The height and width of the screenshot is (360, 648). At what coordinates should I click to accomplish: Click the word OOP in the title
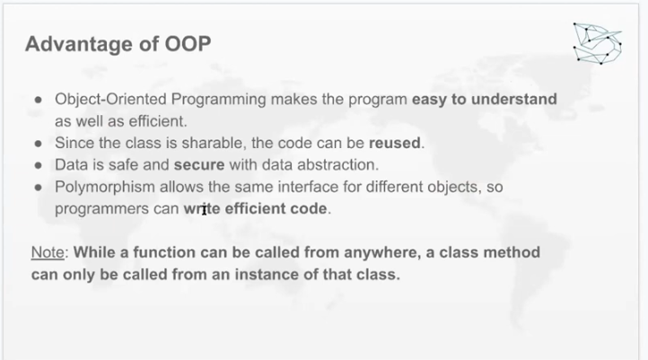coord(188,44)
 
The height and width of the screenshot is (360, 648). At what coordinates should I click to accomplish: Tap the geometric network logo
coord(598,43)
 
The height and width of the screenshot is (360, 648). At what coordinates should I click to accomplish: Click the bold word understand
coord(514,99)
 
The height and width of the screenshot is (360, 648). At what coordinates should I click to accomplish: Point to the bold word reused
coord(395,143)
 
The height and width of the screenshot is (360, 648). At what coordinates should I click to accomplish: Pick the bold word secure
coord(199,165)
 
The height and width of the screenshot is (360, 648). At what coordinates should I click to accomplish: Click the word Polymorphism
coord(105,188)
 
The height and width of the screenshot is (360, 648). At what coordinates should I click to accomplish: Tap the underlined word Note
coord(48,252)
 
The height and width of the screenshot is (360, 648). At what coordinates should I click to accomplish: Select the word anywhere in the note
coord(381,253)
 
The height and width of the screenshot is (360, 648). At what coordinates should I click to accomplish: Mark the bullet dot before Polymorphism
coord(39,188)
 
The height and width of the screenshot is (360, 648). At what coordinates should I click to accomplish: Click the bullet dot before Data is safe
coord(39,166)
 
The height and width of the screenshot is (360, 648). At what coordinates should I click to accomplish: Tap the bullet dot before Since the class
coord(39,144)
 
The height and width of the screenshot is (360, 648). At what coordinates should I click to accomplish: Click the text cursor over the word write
coord(204,209)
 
